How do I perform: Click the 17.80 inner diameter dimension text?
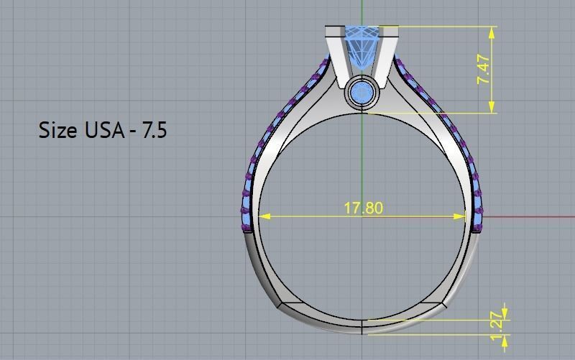[363, 208]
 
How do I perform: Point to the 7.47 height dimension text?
[484, 70]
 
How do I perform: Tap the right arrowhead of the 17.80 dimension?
[462, 216]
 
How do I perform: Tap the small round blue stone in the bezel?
[362, 93]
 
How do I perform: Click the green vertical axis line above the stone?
[362, 11]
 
